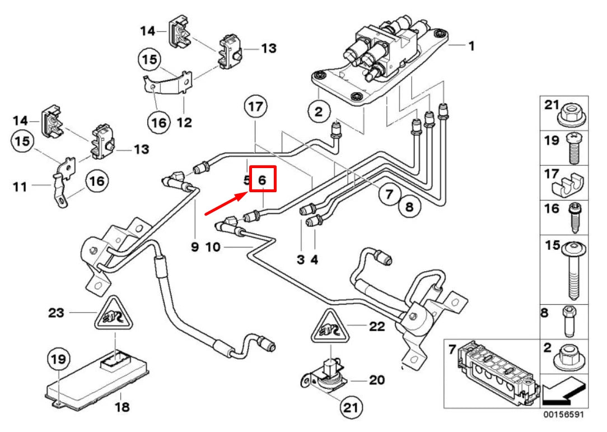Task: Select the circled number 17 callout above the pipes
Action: point(255,107)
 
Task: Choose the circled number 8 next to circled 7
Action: point(409,207)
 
